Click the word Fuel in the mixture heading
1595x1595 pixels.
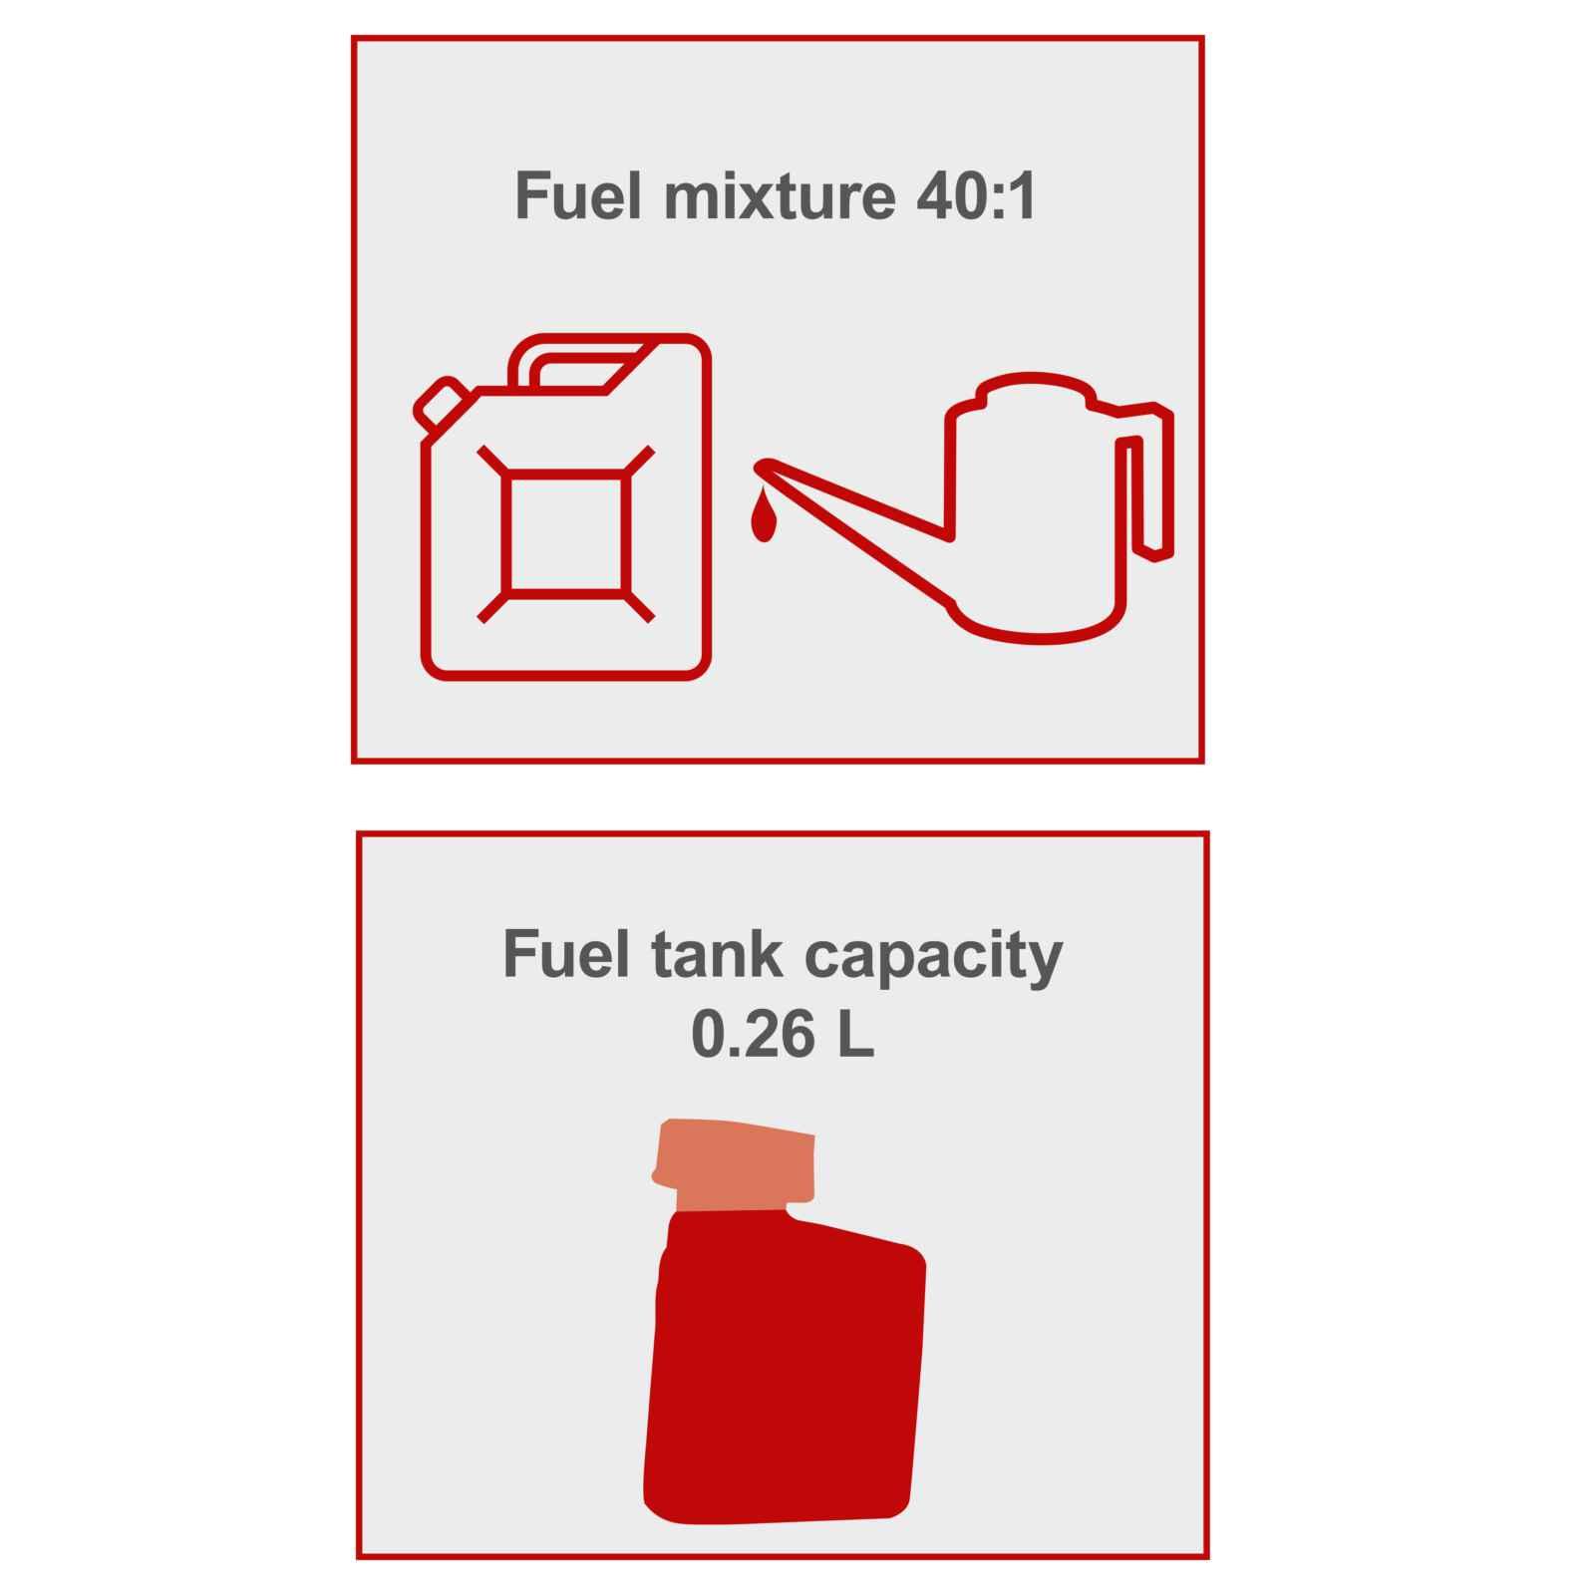[x=577, y=196]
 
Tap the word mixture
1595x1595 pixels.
[x=779, y=196]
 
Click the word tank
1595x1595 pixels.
[x=716, y=954]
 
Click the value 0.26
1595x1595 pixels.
[x=753, y=1036]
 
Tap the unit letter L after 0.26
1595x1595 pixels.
[x=855, y=1036]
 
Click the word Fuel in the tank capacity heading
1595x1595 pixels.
[x=566, y=954]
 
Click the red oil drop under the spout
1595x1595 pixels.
[x=764, y=516]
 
